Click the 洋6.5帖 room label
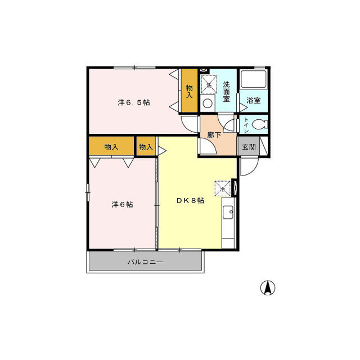tap(134, 102)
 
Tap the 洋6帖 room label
tap(123, 204)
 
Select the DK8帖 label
tap(190, 200)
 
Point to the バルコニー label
tap(145, 262)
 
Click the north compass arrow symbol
tap(268, 287)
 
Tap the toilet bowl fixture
tap(260, 124)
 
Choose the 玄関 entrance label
tap(249, 147)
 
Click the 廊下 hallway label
tap(214, 135)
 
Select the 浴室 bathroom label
tap(254, 100)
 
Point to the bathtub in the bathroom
tap(253, 79)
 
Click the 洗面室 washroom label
tap(226, 92)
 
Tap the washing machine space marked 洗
tap(209, 84)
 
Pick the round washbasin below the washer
tap(208, 103)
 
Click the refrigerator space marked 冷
tap(222, 188)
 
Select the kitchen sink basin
tap(228, 213)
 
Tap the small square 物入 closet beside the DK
tap(146, 146)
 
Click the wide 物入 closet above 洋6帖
tap(111, 146)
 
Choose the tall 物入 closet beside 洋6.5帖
tap(190, 91)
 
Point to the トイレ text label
tap(246, 125)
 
